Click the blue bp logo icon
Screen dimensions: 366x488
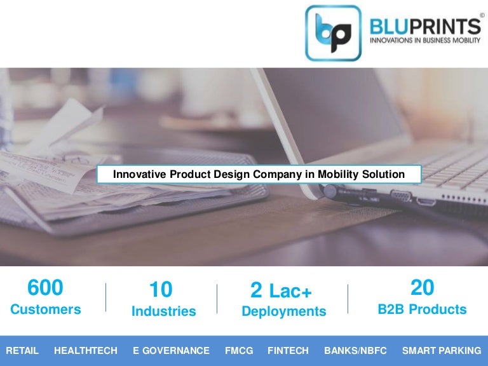click(x=333, y=33)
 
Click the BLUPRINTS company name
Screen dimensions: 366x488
click(x=425, y=27)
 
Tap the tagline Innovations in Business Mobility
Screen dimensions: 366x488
click(x=425, y=41)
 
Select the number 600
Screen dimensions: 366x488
click(x=45, y=288)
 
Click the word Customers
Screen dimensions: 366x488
click(x=45, y=310)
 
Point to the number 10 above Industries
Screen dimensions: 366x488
click(x=161, y=290)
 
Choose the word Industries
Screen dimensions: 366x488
click(x=163, y=311)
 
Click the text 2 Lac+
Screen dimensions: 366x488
click(x=281, y=290)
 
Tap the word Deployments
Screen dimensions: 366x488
click(x=283, y=311)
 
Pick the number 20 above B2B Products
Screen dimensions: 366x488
click(x=422, y=288)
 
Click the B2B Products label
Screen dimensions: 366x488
click(x=422, y=310)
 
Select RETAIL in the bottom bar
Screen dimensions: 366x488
click(x=22, y=351)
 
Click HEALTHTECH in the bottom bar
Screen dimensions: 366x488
click(x=86, y=351)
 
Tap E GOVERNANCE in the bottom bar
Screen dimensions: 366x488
click(x=171, y=351)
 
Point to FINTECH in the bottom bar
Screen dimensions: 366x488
click(x=288, y=351)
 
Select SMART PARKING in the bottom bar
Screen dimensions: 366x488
click(x=442, y=351)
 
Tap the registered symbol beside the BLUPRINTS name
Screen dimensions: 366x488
click(x=481, y=15)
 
